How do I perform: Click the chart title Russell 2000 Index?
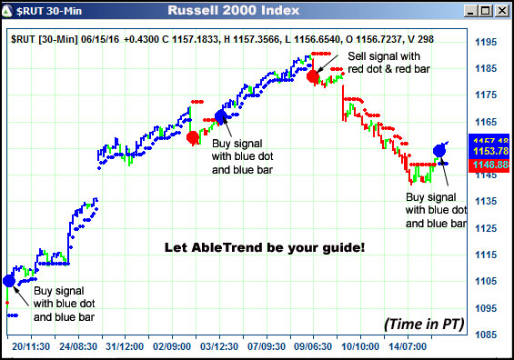233,11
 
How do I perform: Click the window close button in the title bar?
500,11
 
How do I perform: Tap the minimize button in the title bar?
469,11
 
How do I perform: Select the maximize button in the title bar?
485,11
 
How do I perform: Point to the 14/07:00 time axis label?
409,347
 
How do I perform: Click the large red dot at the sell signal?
313,77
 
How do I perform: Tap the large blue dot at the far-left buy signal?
8,281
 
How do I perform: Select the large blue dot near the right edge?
439,150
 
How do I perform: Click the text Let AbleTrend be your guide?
264,246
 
